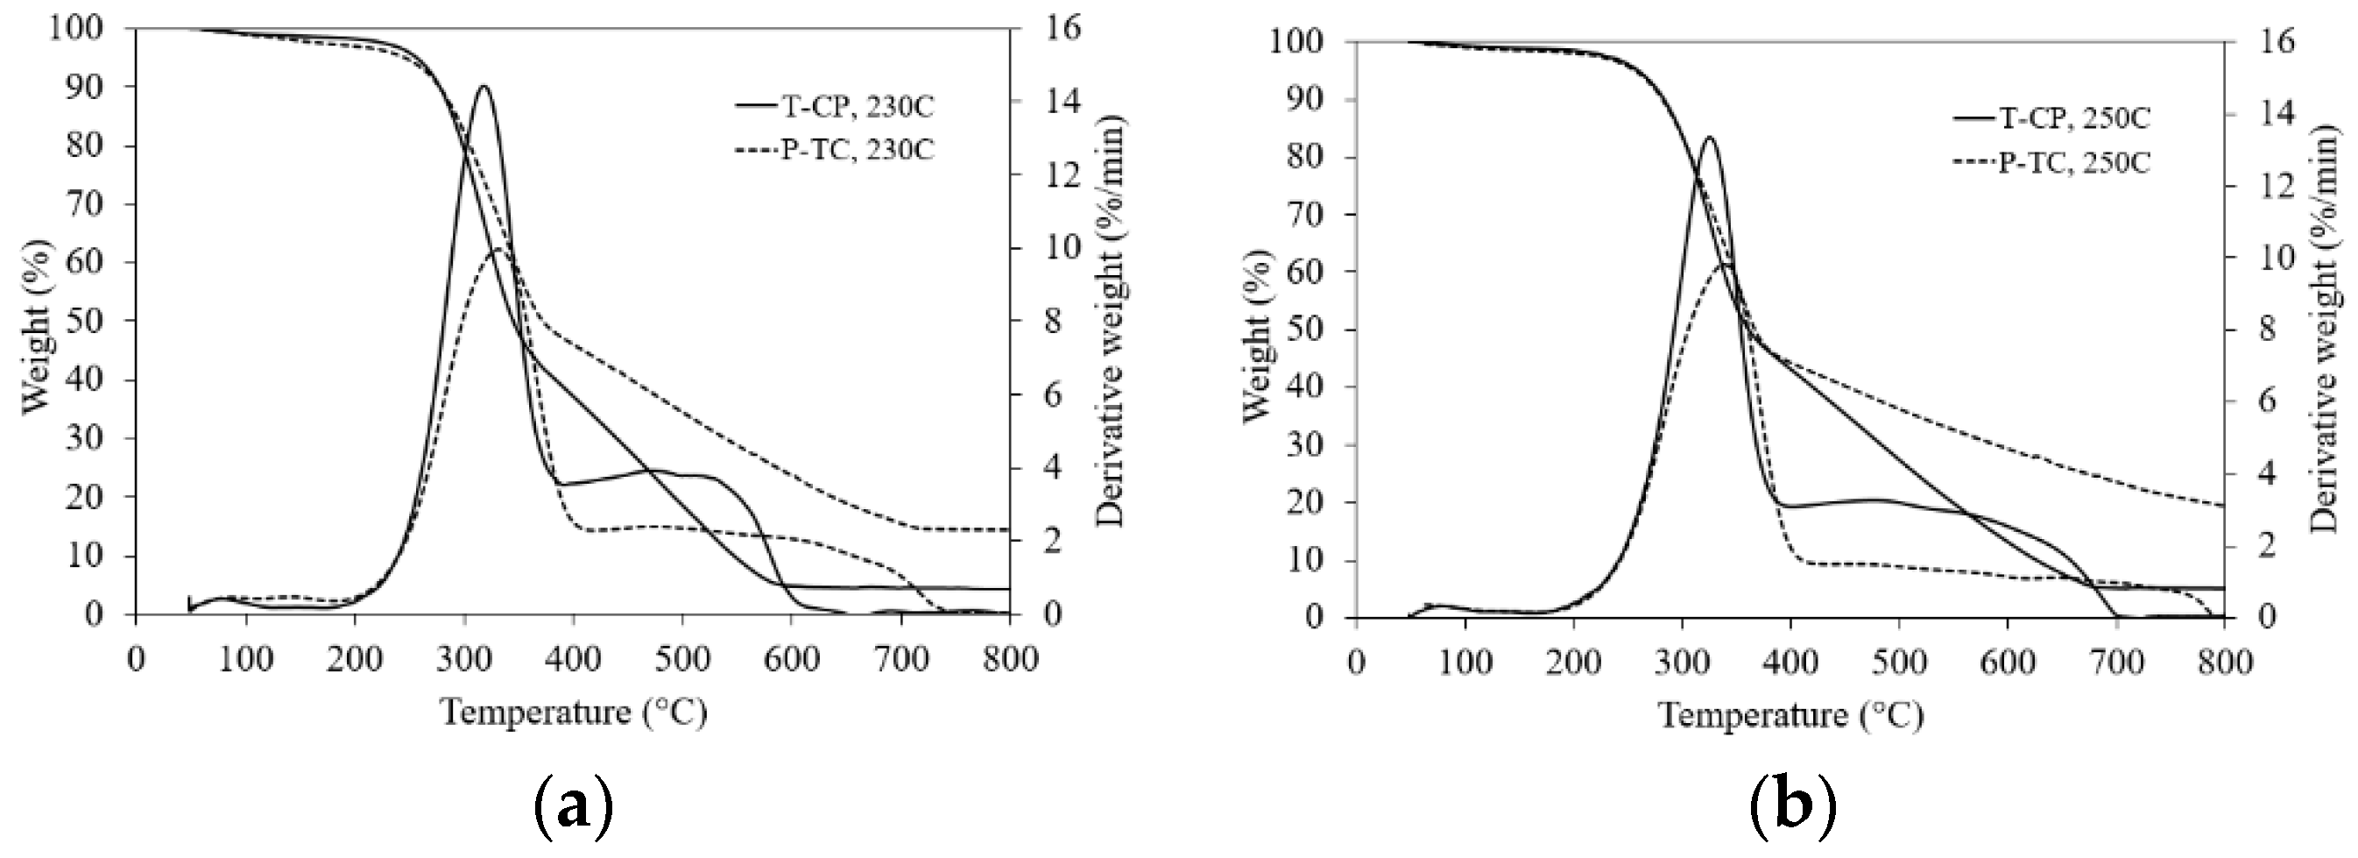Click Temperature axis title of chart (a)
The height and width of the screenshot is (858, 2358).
pos(574,711)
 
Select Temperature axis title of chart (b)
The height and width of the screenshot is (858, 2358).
pos(1791,714)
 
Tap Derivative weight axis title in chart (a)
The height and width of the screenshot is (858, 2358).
pos(1111,321)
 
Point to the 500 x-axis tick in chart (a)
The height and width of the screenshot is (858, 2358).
pos(682,657)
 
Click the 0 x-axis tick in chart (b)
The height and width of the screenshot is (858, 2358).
pos(1357,661)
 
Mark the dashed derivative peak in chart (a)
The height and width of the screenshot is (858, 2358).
pos(497,249)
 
